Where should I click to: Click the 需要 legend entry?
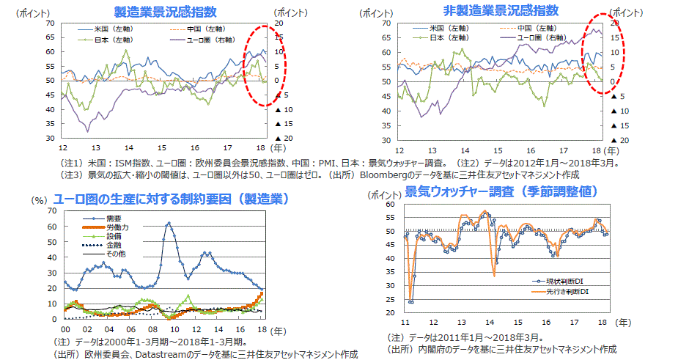coord(113,218)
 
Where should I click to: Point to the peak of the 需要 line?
coord(169,223)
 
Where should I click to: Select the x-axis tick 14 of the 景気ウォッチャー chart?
coord(488,321)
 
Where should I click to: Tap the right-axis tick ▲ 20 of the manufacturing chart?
coord(283,138)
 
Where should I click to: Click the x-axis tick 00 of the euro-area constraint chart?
coord(65,329)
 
